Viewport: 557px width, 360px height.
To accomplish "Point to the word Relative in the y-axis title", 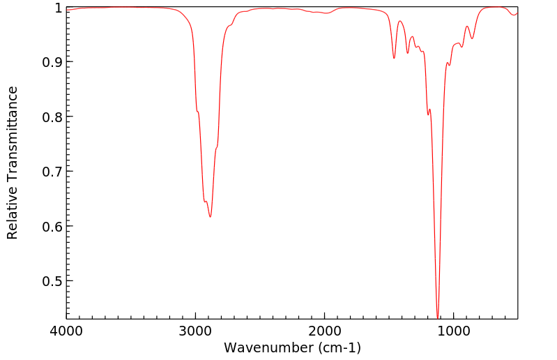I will pyautogui.click(x=13, y=213).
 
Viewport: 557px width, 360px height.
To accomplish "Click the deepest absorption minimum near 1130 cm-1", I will pyautogui.click(x=438, y=317).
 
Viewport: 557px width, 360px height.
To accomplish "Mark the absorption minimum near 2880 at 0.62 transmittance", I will pyautogui.click(x=210, y=216).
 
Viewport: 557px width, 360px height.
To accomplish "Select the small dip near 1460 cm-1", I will pyautogui.click(x=394, y=58).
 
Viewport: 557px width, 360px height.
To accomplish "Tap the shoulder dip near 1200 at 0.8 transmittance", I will pyautogui.click(x=428, y=114).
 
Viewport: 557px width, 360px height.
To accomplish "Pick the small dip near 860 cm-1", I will pyautogui.click(x=472, y=38).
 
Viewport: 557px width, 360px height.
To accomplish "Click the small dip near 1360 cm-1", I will pyautogui.click(x=408, y=53).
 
